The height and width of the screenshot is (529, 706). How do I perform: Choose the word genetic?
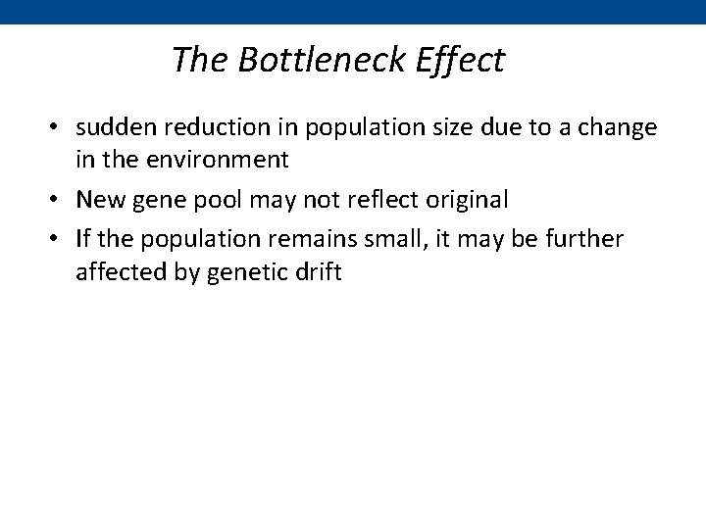click(x=250, y=271)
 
